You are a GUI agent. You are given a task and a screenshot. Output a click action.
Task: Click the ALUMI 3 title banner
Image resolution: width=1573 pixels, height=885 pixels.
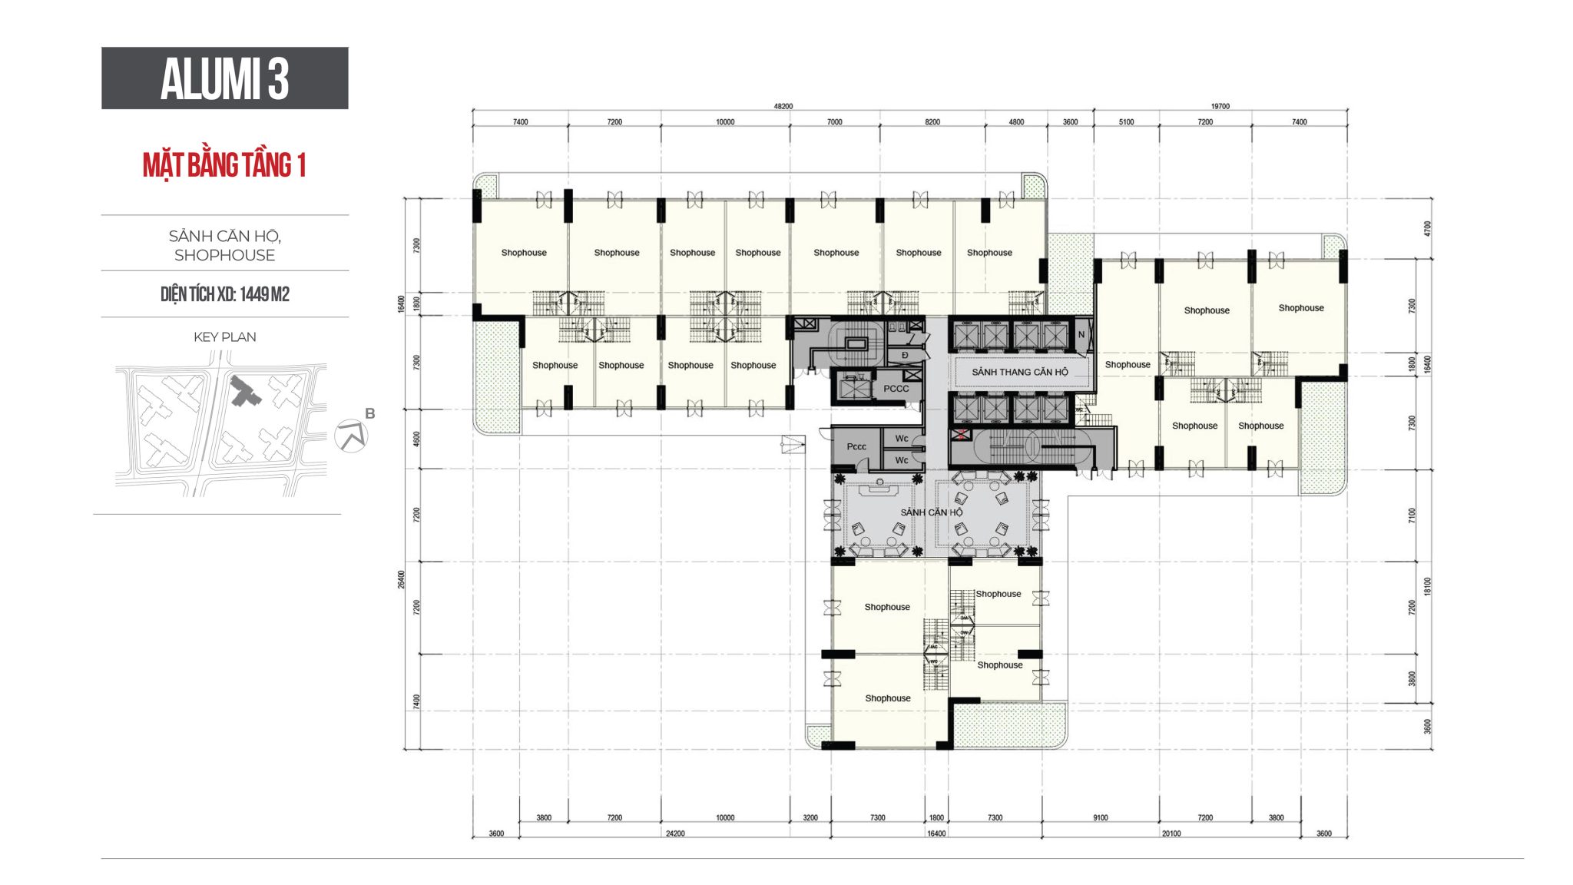tap(224, 78)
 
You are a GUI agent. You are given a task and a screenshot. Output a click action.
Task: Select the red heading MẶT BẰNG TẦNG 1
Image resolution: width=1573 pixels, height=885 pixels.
tap(224, 165)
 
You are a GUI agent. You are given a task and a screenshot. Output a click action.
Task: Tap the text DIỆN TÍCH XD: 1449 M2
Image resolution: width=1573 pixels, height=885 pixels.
tap(224, 294)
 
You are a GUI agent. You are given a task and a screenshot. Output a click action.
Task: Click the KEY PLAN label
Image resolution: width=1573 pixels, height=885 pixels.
tap(224, 336)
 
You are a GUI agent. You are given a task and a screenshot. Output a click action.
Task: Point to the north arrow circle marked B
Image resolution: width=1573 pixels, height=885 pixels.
tap(352, 436)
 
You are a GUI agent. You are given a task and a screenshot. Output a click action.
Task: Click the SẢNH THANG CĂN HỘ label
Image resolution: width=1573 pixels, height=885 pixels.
tap(1019, 372)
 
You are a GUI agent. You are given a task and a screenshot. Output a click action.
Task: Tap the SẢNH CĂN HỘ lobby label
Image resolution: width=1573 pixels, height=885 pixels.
tap(931, 512)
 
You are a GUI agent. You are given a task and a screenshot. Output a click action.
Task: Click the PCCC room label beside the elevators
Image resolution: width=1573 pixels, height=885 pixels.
tap(896, 389)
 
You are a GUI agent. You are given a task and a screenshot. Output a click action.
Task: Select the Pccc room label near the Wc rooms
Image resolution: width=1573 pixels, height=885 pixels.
tap(856, 446)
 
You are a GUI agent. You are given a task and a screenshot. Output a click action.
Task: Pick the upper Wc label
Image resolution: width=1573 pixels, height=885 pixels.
tap(901, 439)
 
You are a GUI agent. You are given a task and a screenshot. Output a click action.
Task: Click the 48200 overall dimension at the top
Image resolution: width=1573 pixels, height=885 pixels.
tap(783, 107)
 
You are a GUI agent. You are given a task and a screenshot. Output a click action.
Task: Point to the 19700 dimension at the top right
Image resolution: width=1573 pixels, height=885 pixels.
tap(1220, 107)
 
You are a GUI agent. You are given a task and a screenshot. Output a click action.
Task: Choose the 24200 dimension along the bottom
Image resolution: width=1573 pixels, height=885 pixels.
tap(674, 834)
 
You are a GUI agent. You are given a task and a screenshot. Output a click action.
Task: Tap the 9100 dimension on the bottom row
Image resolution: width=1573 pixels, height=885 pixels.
tap(1100, 818)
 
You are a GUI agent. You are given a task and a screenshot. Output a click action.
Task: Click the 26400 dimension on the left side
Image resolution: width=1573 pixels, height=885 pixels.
tap(401, 579)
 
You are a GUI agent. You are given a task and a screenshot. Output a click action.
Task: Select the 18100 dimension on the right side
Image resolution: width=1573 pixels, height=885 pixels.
tap(1427, 587)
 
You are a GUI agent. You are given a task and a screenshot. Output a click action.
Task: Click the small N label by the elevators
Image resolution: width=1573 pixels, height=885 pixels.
tap(1081, 334)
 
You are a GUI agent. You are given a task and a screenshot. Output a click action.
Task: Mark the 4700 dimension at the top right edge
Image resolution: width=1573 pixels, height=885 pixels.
tap(1427, 228)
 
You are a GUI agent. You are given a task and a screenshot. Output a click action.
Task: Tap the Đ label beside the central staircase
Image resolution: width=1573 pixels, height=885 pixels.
tap(905, 355)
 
